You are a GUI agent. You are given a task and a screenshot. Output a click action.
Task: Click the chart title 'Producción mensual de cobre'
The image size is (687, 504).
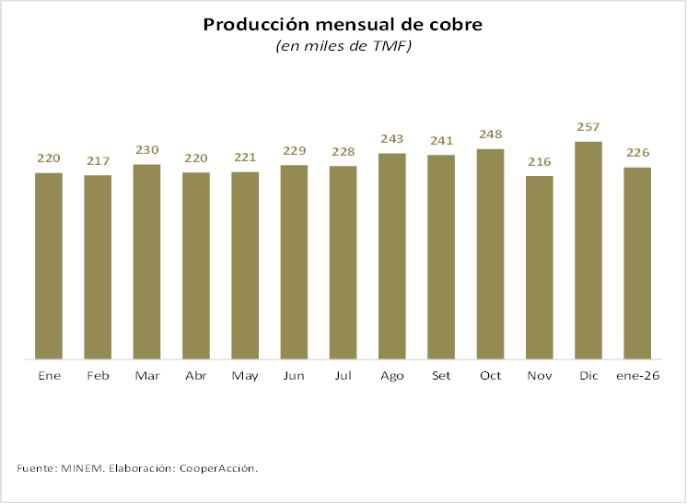click(x=343, y=24)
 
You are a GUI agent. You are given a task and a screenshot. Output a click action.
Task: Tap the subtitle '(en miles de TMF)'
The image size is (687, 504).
click(x=343, y=47)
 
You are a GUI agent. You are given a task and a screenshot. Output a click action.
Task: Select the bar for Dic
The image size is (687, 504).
click(x=588, y=250)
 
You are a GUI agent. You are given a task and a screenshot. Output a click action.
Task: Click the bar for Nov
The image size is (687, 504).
click(x=540, y=267)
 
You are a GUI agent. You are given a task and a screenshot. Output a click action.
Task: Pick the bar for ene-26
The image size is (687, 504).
click(x=637, y=263)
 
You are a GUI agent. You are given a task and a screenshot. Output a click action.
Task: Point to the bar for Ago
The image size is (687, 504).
click(x=392, y=255)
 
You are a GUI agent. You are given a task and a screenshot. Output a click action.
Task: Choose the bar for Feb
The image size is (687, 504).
click(x=98, y=266)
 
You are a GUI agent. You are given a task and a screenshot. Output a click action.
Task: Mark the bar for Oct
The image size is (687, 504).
click(x=490, y=253)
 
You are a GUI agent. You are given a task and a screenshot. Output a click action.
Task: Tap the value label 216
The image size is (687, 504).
click(x=540, y=162)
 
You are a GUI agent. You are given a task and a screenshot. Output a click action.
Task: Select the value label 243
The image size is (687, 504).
click(x=392, y=139)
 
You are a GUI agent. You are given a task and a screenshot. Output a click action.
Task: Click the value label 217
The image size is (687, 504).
click(x=98, y=161)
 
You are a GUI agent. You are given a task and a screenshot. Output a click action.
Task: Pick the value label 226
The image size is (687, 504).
click(x=637, y=153)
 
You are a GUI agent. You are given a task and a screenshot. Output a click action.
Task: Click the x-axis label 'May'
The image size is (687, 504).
click(x=245, y=376)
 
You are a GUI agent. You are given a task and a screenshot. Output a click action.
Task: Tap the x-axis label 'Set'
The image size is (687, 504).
click(x=441, y=376)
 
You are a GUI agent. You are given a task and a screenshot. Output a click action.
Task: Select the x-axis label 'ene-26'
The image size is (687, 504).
click(x=637, y=376)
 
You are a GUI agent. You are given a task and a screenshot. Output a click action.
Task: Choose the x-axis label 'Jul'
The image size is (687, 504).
click(x=343, y=376)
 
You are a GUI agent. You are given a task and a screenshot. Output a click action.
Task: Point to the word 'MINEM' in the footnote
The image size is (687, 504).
click(x=83, y=469)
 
